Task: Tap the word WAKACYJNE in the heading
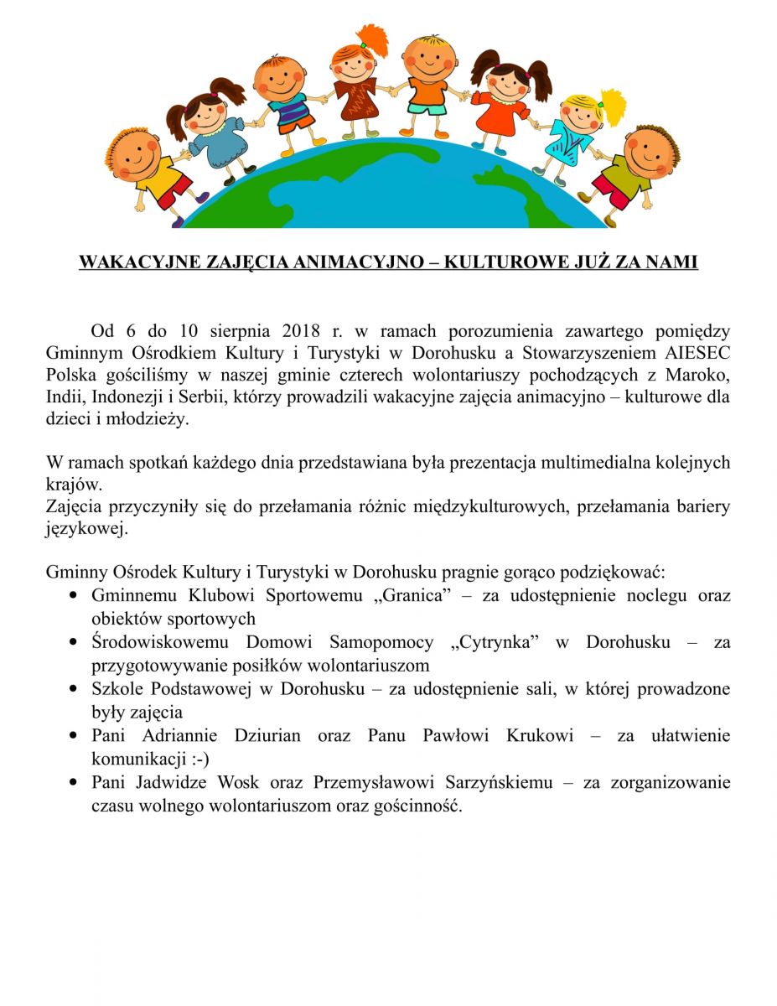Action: [125, 262]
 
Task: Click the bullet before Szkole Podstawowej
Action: [76, 690]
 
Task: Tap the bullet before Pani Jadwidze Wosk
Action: [76, 784]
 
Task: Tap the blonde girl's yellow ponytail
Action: [614, 105]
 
